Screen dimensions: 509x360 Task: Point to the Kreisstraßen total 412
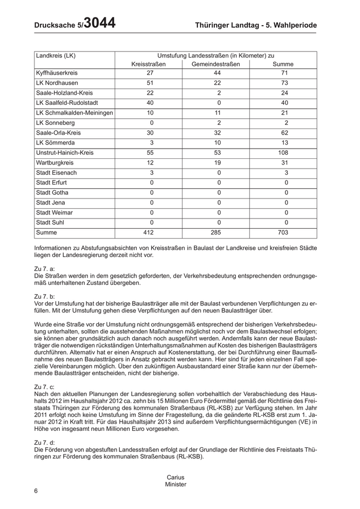(x=149, y=233)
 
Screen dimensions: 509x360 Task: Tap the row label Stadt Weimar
(x=55, y=213)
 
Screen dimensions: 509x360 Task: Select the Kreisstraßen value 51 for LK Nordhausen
(x=150, y=83)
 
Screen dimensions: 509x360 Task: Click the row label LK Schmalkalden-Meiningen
(x=75, y=113)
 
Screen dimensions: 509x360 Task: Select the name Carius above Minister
(x=176, y=477)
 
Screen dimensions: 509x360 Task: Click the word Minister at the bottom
(x=176, y=484)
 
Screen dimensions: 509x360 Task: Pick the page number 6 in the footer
(x=36, y=490)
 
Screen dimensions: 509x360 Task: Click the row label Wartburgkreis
(x=56, y=163)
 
